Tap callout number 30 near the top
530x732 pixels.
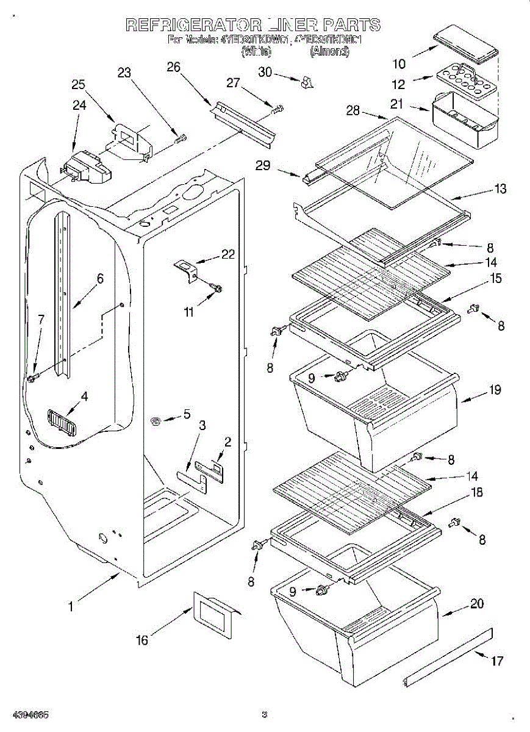(265, 71)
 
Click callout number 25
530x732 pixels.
(78, 85)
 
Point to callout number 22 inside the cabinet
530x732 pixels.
(228, 254)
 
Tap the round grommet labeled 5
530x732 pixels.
(157, 420)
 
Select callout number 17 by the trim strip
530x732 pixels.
(497, 660)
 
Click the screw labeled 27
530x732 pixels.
(279, 110)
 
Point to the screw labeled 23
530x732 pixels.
(180, 138)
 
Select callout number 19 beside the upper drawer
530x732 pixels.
(495, 390)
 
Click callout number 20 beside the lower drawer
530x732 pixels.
(477, 604)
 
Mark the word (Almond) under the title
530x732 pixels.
(329, 52)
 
